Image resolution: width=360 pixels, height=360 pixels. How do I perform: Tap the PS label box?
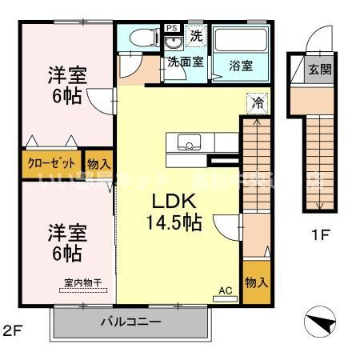pos(171,28)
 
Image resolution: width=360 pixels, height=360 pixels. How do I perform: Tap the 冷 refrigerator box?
pos(258,102)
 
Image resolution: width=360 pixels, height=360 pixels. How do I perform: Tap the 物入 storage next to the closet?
pos(99,162)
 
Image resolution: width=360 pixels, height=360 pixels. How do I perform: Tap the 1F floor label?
pos(319,236)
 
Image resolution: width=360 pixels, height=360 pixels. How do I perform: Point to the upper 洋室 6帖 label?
pos(68,86)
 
